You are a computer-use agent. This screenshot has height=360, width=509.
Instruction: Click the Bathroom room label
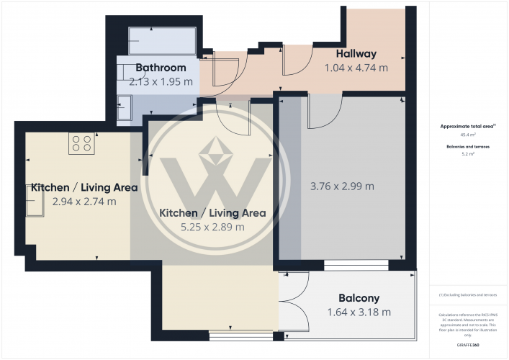(x=161, y=68)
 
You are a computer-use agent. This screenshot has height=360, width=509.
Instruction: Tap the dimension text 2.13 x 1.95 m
(x=161, y=82)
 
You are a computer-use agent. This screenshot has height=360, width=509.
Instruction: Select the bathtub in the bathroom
(x=161, y=40)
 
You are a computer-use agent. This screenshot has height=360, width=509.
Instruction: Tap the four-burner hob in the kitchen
(x=81, y=144)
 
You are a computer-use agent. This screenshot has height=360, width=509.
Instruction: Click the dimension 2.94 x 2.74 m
(x=84, y=202)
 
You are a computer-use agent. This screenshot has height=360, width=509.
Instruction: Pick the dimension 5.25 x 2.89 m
(x=212, y=227)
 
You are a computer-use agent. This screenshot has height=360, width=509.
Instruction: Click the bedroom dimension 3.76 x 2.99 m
(x=342, y=186)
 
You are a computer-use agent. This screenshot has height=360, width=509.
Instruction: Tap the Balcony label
(x=359, y=298)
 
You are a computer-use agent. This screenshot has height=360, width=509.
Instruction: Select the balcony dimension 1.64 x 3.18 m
(x=359, y=312)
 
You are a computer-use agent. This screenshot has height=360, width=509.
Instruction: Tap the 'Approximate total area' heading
(x=467, y=126)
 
